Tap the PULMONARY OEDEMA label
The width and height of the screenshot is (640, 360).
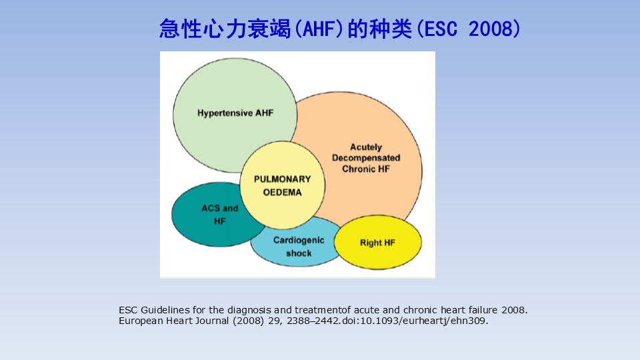283,186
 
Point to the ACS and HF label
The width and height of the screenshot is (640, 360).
219,215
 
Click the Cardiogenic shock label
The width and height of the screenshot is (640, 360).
299,247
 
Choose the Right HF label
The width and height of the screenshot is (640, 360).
377,243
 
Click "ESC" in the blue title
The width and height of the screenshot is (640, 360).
435,29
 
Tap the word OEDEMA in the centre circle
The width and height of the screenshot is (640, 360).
283,193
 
